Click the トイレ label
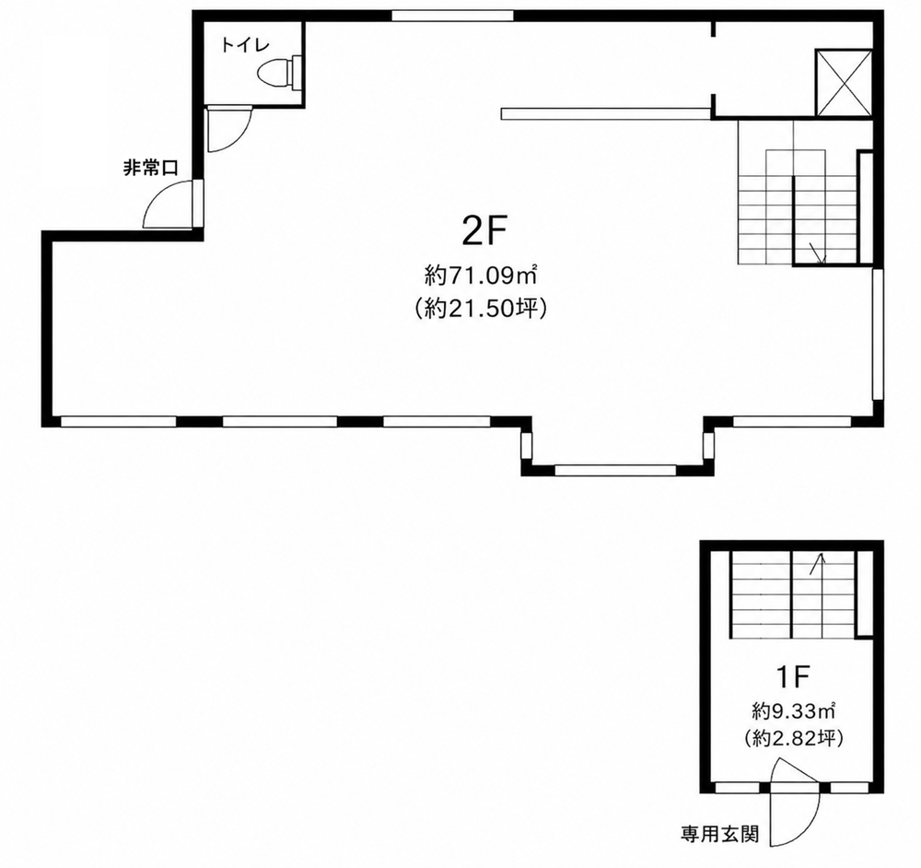click(x=245, y=45)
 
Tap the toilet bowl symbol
click(x=280, y=72)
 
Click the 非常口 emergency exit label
click(x=150, y=169)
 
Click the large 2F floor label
click(x=484, y=231)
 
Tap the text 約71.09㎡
click(x=482, y=275)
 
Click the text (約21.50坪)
click(x=481, y=308)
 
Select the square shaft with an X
click(x=844, y=83)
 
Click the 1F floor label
click(x=794, y=677)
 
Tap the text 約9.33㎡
click(x=794, y=711)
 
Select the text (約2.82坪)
click(x=794, y=738)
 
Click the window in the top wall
click(x=453, y=16)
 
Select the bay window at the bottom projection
click(x=615, y=470)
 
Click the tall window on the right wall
click(x=878, y=334)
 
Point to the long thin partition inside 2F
click(x=606, y=113)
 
